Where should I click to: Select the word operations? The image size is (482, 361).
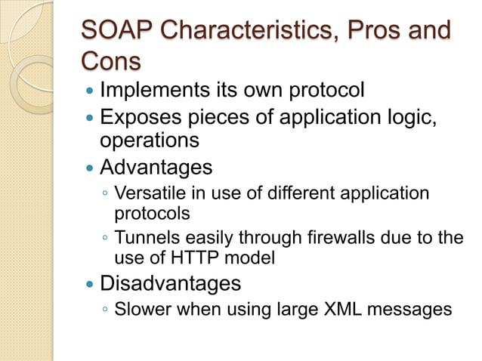150,140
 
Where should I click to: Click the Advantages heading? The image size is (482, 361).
156,166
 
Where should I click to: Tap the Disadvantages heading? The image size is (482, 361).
170,283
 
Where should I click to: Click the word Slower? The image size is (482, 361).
139,309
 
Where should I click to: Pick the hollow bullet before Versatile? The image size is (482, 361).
105,194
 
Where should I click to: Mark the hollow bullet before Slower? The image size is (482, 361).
105,310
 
